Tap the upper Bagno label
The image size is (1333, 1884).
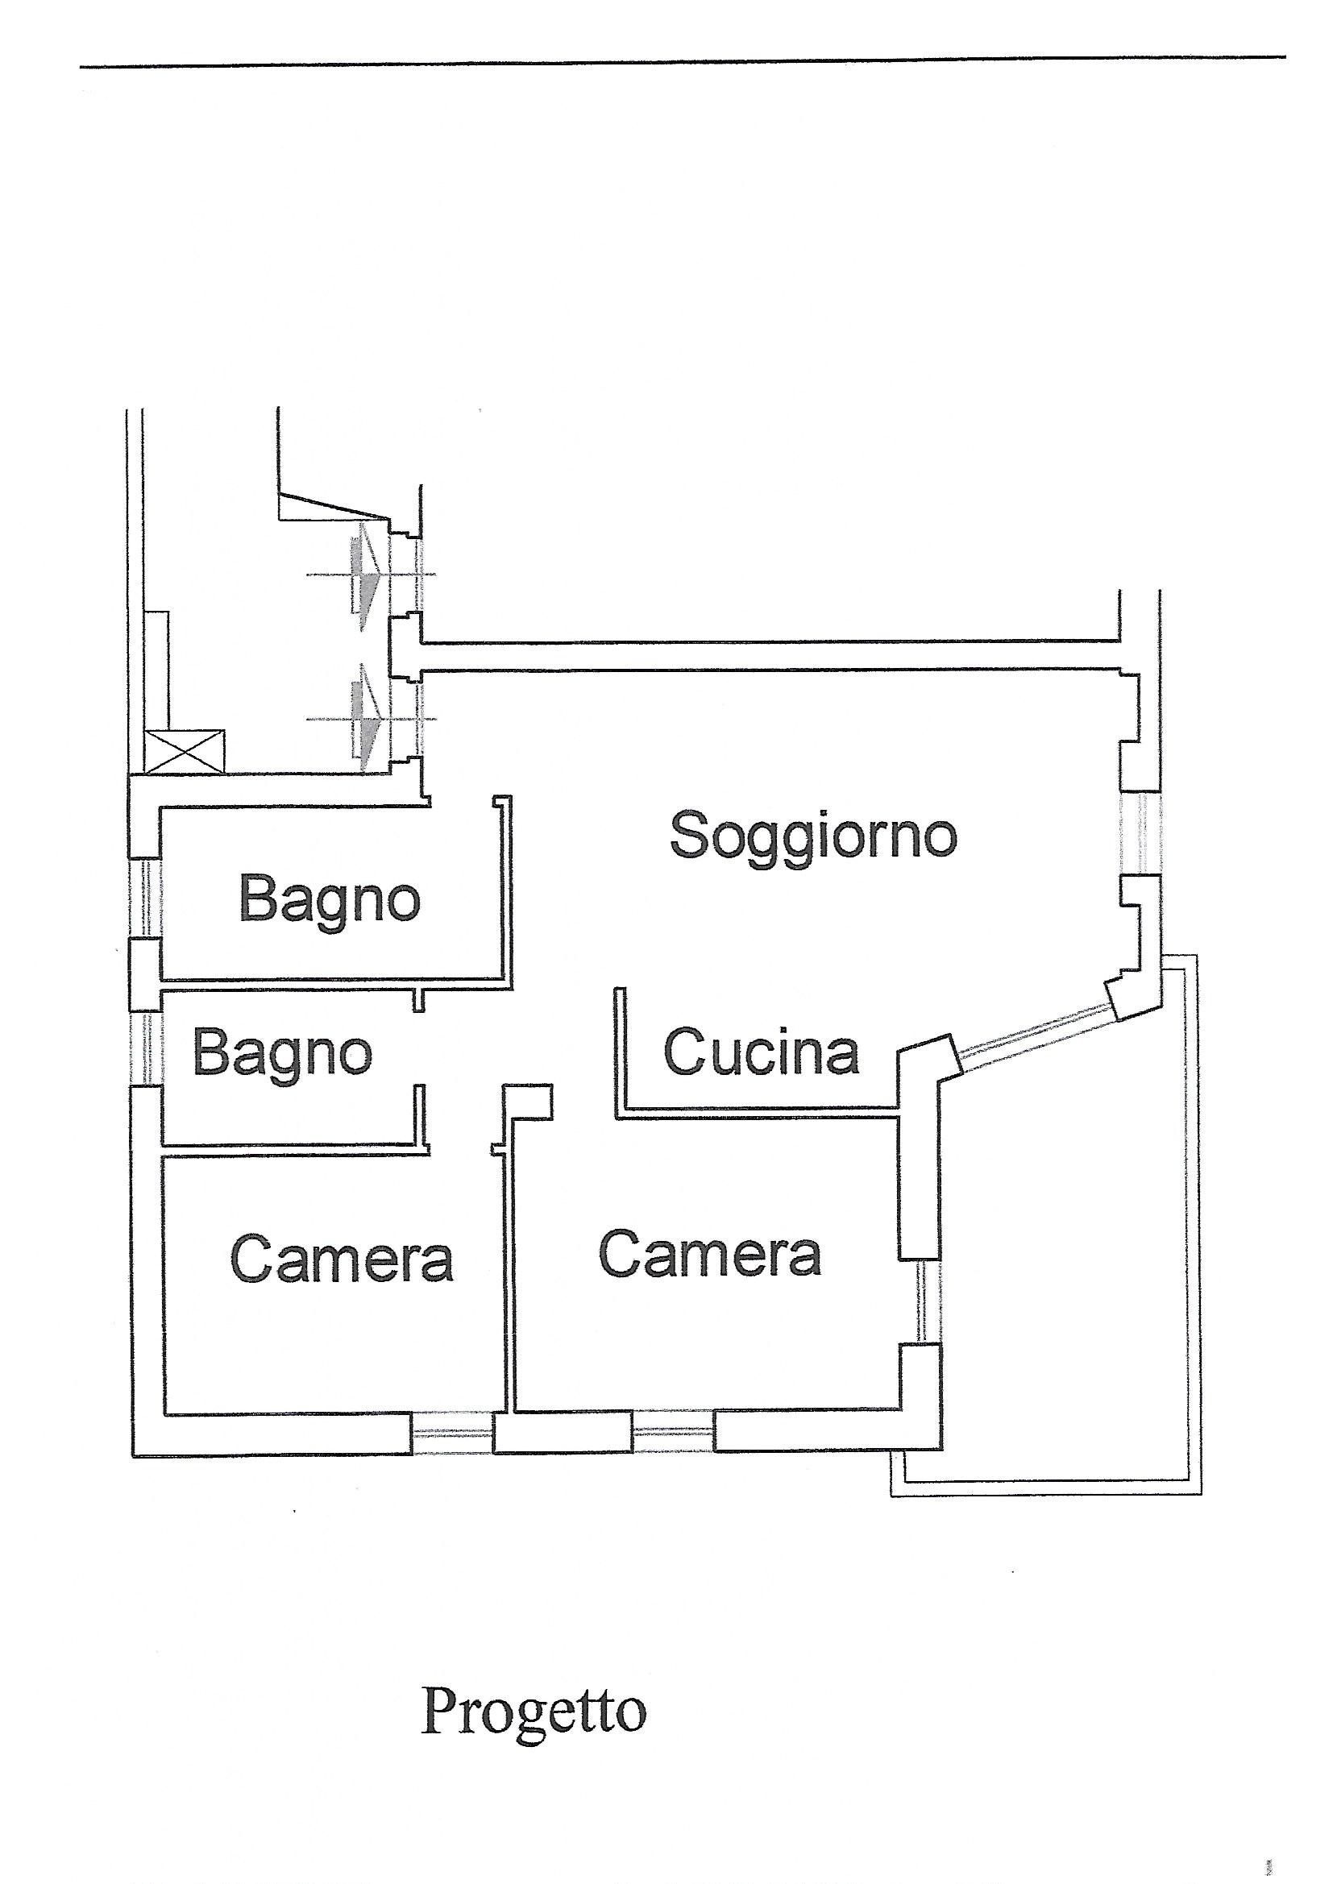(x=329, y=904)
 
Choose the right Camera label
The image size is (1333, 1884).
(x=710, y=1255)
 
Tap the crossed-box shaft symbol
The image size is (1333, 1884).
(x=184, y=752)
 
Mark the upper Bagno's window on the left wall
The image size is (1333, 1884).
(x=144, y=898)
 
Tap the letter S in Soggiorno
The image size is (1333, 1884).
(x=691, y=836)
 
